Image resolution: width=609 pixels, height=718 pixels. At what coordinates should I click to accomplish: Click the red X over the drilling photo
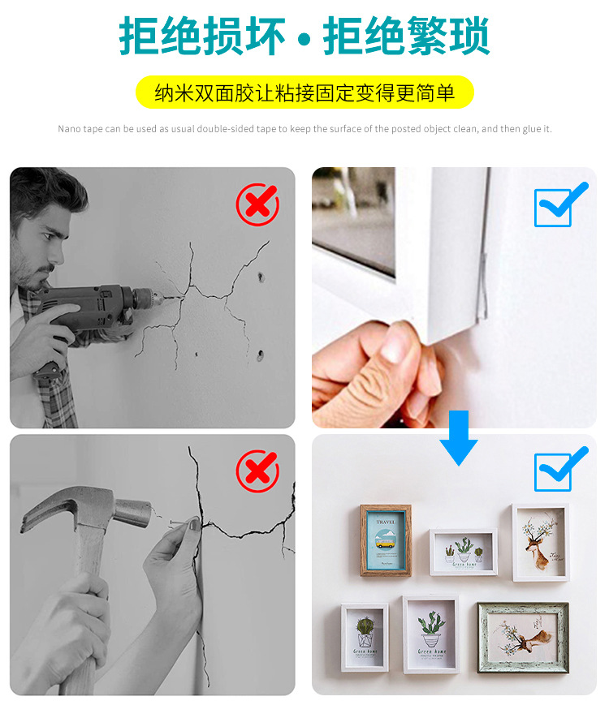[257, 204]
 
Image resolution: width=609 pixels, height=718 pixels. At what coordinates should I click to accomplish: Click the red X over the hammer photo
[257, 471]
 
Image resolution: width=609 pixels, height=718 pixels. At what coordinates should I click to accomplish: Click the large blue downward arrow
[459, 437]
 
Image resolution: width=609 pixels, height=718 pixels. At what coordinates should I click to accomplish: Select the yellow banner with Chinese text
[304, 92]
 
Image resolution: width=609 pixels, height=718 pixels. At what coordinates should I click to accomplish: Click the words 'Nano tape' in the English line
[76, 129]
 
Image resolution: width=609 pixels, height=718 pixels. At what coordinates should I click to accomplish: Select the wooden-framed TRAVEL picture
[386, 540]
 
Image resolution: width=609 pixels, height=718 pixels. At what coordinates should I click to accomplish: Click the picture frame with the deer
[540, 542]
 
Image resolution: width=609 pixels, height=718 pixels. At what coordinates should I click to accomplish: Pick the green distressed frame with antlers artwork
[522, 637]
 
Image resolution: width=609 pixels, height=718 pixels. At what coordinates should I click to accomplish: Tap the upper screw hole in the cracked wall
[261, 277]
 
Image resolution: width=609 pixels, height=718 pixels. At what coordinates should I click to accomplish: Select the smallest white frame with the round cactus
[364, 635]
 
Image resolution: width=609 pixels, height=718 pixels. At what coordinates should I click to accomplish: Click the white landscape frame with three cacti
[463, 552]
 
